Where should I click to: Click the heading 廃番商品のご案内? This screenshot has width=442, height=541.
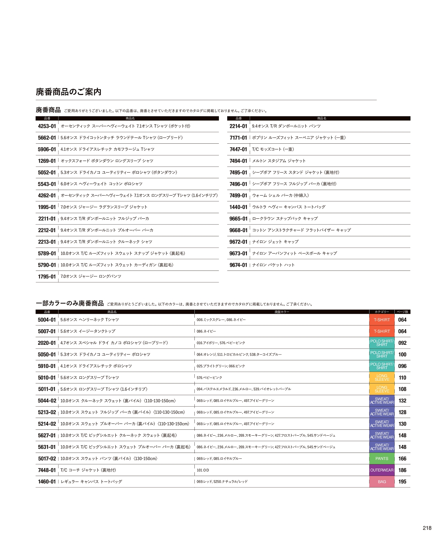(x=68, y=92)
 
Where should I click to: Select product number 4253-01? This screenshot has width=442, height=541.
(x=47, y=126)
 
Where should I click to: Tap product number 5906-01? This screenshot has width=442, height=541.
(x=47, y=149)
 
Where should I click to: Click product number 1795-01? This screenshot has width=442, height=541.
(x=47, y=276)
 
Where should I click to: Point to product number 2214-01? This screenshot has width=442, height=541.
(x=238, y=126)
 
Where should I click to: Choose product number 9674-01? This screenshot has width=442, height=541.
(x=238, y=265)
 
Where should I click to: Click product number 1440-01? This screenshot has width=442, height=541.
(x=238, y=207)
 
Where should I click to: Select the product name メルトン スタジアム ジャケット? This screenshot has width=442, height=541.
(x=279, y=161)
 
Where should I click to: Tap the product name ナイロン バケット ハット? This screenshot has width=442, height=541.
(x=273, y=265)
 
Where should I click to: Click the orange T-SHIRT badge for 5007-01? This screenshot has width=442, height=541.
(x=382, y=331)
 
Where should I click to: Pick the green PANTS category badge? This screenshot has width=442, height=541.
(x=382, y=458)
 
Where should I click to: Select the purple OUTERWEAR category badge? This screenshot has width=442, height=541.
(x=382, y=470)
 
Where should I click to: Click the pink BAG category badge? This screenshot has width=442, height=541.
(x=382, y=482)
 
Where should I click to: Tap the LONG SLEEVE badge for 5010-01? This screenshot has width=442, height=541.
(x=382, y=378)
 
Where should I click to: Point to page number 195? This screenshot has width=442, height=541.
(x=402, y=482)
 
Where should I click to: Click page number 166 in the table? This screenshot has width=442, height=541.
(x=402, y=458)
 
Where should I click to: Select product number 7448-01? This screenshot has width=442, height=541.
(x=47, y=470)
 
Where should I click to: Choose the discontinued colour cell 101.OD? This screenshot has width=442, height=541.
(x=203, y=470)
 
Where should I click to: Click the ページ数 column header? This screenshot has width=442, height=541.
(x=402, y=312)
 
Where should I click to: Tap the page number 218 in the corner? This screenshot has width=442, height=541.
(x=427, y=528)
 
